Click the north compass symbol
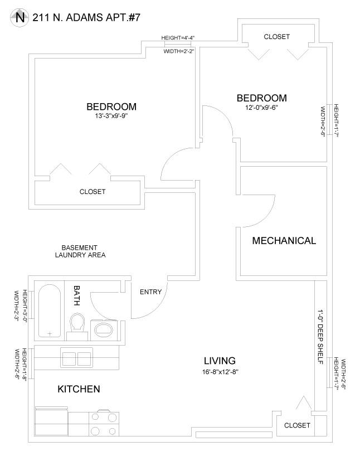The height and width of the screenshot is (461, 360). pyautogui.click(x=20, y=18)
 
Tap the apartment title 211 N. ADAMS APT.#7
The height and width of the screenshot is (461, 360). pyautogui.click(x=86, y=18)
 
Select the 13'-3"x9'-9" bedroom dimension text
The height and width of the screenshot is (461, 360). pyautogui.click(x=111, y=116)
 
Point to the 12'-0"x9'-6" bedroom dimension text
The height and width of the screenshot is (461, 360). pyautogui.click(x=261, y=108)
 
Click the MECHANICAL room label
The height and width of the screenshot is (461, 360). pyautogui.click(x=284, y=241)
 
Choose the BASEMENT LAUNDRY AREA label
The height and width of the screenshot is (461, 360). pyautogui.click(x=80, y=251)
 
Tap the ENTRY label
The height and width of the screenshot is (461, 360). pyautogui.click(x=151, y=292)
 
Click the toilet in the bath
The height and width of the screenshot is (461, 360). pyautogui.click(x=77, y=326)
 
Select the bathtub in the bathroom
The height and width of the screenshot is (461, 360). pyautogui.click(x=50, y=310)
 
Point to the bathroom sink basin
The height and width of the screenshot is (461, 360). pyautogui.click(x=104, y=330)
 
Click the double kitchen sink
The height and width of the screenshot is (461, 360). pyautogui.click(x=76, y=357)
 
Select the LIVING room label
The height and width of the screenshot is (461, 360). pyautogui.click(x=220, y=361)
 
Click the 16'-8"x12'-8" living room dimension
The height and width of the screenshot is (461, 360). pyautogui.click(x=220, y=372)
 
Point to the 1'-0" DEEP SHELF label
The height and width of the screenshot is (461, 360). pyautogui.click(x=320, y=337)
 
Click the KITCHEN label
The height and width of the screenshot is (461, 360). pyautogui.click(x=79, y=389)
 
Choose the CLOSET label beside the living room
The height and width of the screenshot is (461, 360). pyautogui.click(x=297, y=425)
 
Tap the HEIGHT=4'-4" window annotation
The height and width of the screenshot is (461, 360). pyautogui.click(x=178, y=38)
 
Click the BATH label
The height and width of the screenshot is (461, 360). pyautogui.click(x=76, y=295)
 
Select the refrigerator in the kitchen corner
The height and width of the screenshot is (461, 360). pyautogui.click(x=51, y=421)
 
